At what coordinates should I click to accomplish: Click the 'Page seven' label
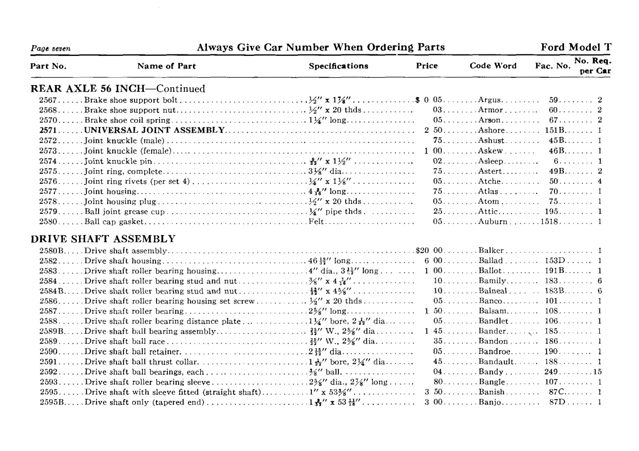51,49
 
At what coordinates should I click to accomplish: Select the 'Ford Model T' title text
576,47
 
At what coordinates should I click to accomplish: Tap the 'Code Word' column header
493,66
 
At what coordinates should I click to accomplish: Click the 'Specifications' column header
339,66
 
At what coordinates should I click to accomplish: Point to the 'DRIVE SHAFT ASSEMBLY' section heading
103,239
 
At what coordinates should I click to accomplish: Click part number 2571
48,130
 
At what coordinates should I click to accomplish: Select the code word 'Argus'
490,100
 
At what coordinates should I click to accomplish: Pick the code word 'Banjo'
490,402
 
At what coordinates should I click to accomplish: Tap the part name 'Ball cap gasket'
114,222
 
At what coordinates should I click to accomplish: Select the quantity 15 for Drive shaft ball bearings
597,372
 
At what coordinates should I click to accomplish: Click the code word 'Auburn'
492,222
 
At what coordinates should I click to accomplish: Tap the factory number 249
551,372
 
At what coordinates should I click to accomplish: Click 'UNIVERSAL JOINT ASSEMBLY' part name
154,130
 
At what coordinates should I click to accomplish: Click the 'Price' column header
426,66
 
